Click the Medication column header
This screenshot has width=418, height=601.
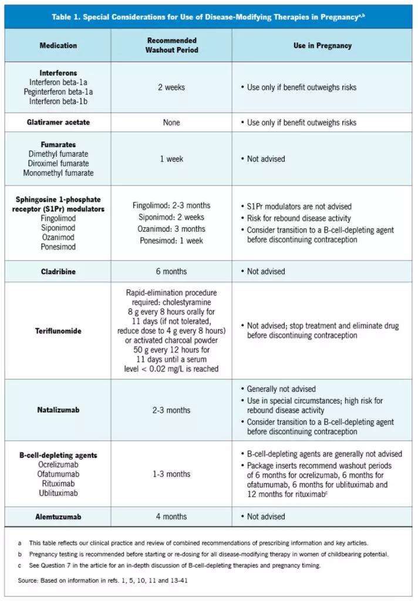58,46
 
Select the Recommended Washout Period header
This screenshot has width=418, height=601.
172,46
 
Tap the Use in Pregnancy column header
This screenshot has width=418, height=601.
322,46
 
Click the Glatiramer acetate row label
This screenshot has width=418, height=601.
58,123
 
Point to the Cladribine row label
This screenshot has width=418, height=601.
58,272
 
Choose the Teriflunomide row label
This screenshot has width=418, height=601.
58,331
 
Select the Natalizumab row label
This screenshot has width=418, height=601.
58,410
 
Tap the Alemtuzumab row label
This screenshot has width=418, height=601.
58,516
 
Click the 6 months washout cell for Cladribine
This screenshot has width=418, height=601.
171,272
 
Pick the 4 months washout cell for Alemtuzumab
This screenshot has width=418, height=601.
171,516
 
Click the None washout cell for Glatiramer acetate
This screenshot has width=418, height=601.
171,123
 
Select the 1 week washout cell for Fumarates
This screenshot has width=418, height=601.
171,159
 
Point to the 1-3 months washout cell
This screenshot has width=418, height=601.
171,474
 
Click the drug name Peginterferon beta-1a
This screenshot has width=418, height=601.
58,92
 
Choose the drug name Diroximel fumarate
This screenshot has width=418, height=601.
58,164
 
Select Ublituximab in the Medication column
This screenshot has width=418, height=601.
58,494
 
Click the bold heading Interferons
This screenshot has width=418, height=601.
58,73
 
